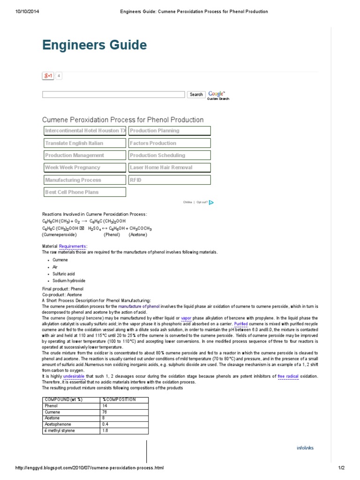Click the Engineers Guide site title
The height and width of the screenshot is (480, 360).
pos(94,45)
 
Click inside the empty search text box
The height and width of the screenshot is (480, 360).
pos(113,94)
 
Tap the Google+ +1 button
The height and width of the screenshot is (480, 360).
pos(48,75)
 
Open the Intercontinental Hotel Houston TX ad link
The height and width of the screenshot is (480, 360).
pos(84,131)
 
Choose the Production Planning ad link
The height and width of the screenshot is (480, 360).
pos(169,131)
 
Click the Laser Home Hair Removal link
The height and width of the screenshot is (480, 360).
pos(169,167)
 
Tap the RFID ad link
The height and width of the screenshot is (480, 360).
pos(169,180)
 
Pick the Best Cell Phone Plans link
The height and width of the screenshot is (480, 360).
pos(84,192)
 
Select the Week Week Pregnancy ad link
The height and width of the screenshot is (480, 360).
pos(84,167)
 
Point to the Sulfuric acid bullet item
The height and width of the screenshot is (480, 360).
pos(64,274)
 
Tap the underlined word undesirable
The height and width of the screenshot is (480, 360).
pos(74,376)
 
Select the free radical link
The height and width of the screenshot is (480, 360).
pos(288,376)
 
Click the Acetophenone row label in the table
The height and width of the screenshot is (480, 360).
pos(55,424)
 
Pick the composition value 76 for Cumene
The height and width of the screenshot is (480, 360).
pos(105,412)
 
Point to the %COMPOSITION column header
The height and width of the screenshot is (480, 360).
pos(119,399)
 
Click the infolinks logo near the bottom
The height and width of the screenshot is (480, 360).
pos(305,448)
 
